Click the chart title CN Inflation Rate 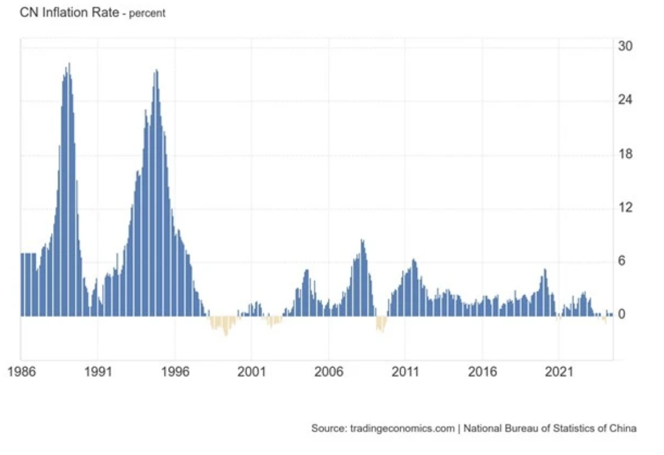click(69, 12)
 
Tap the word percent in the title click(147, 13)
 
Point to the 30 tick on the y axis click(625, 46)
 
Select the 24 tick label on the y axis click(625, 100)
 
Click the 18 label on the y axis click(625, 154)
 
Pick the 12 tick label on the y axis click(625, 207)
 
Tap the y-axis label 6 click(622, 261)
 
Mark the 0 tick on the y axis click(622, 315)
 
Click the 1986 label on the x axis click(21, 371)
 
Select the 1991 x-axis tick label click(98, 371)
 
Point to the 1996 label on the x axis click(175, 371)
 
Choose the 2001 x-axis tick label click(251, 371)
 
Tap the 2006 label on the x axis click(328, 371)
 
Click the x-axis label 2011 click(405, 371)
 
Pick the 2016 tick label click(482, 371)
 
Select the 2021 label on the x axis click(559, 371)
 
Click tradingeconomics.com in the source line click(402, 428)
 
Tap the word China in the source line click(622, 428)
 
